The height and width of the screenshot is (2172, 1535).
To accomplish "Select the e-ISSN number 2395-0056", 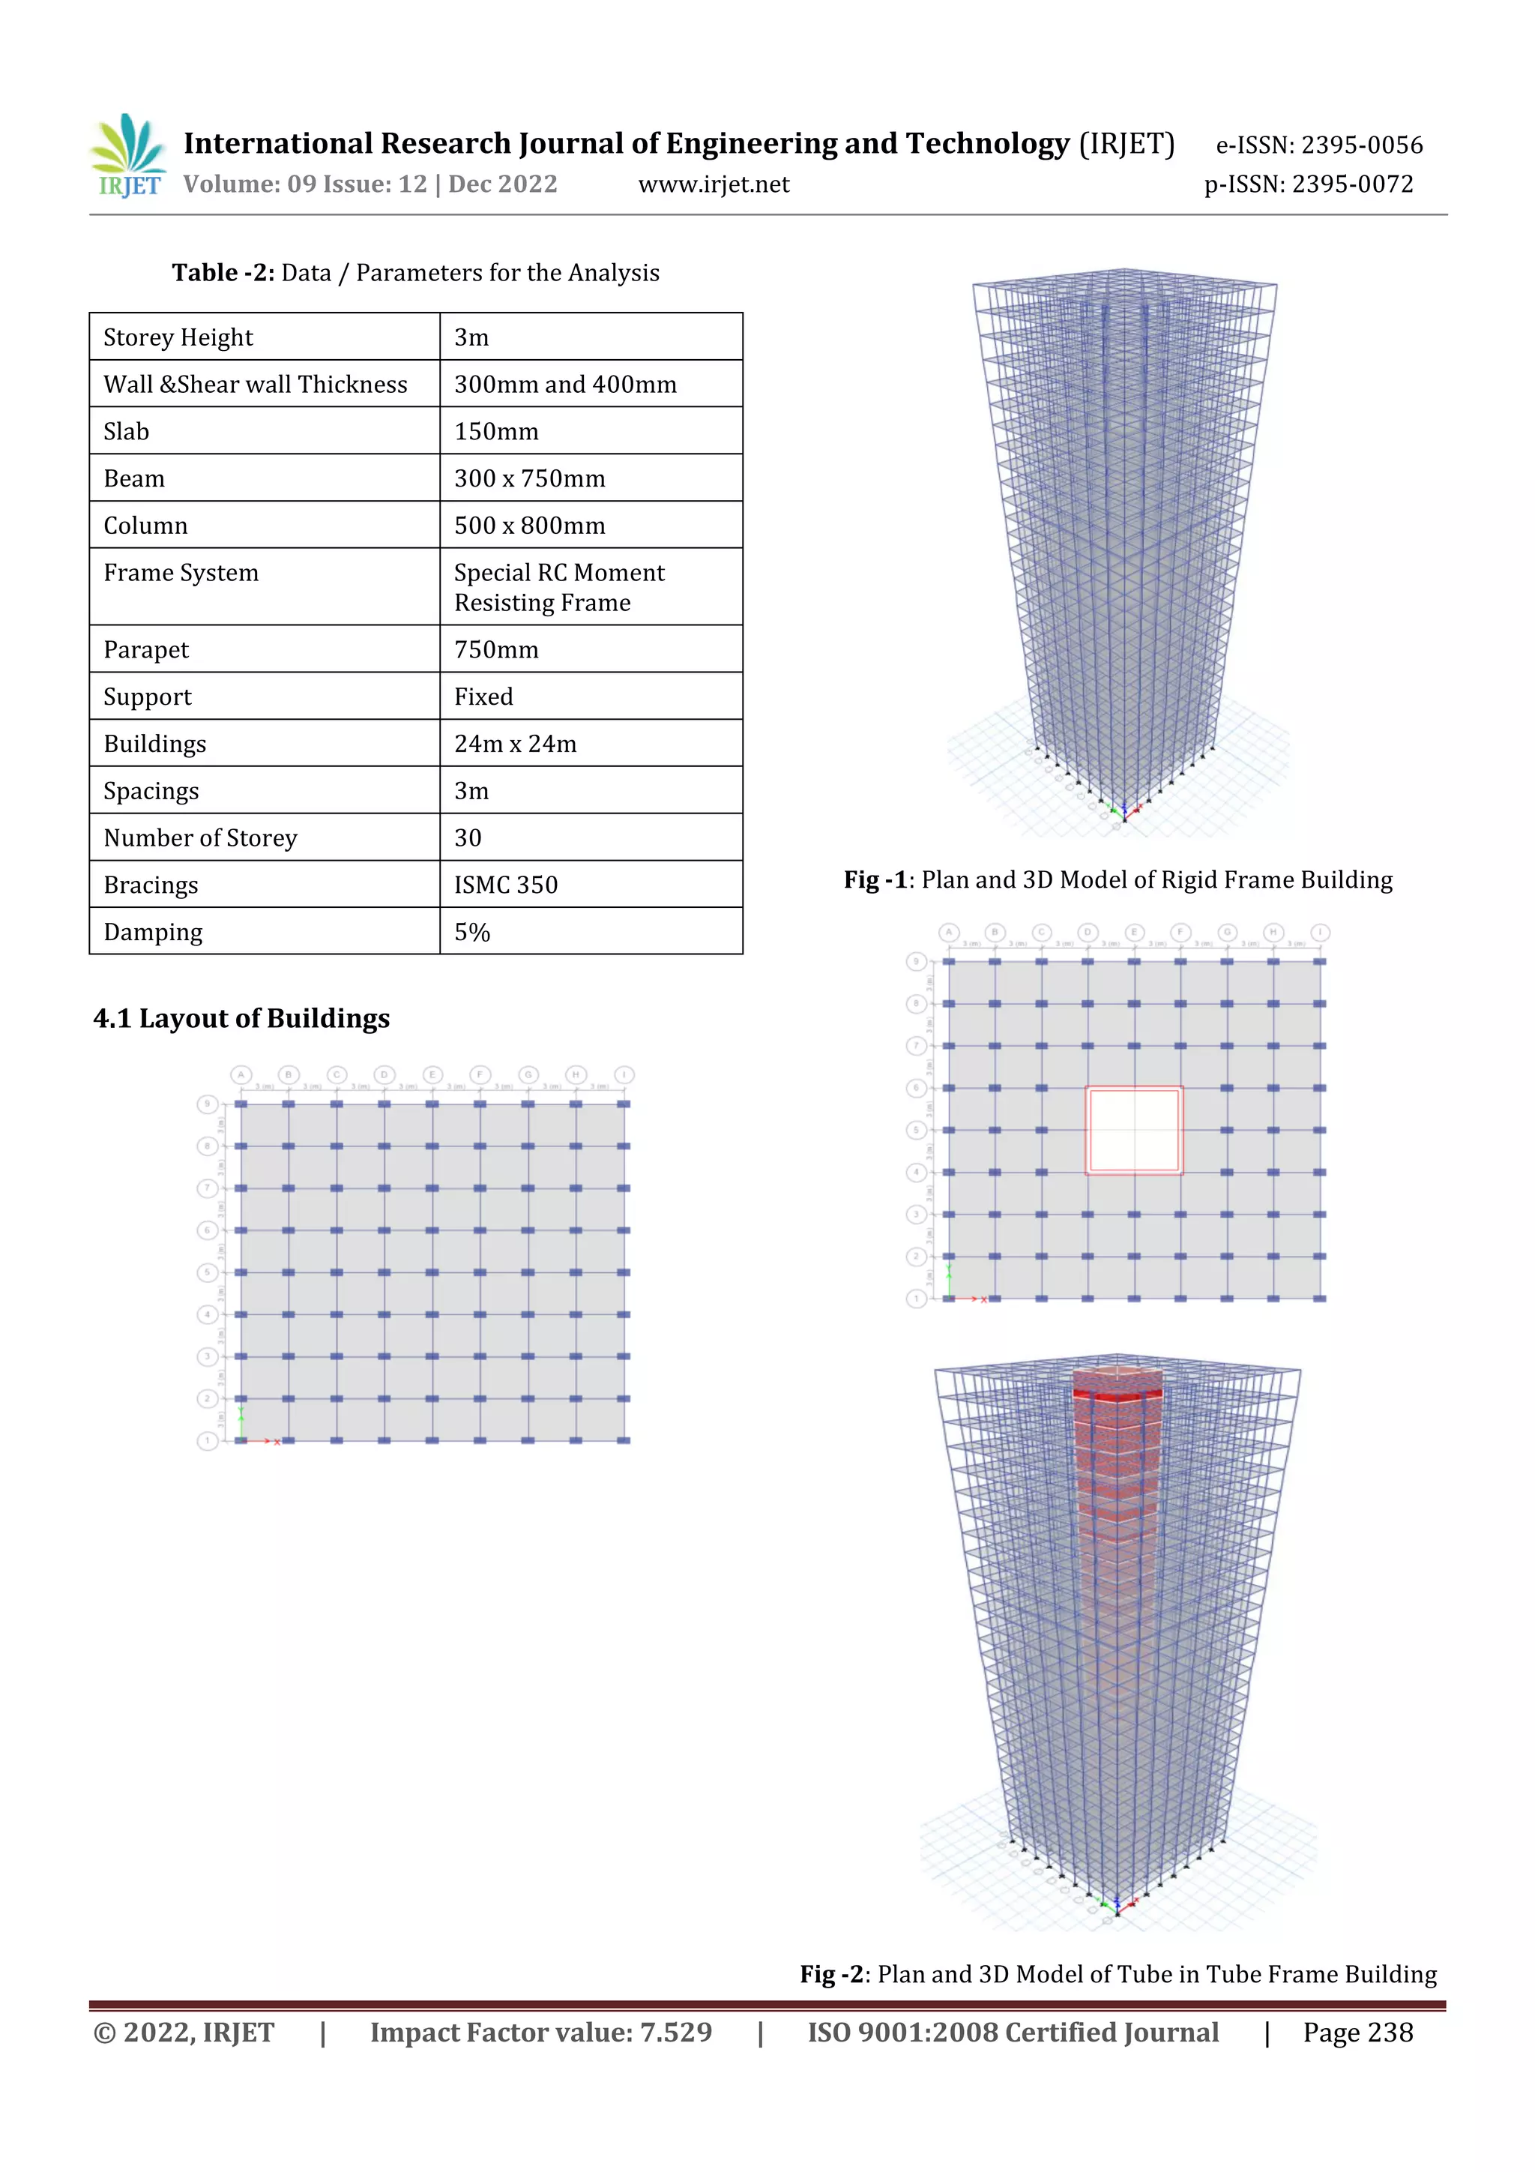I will coord(1319,145).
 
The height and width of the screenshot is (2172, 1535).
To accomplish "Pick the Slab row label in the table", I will coord(127,431).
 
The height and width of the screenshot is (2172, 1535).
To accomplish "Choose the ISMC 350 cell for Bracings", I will coord(506,885).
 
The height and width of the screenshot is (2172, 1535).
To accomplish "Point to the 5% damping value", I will coord(472,932).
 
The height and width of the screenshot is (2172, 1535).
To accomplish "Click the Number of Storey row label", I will coord(201,838).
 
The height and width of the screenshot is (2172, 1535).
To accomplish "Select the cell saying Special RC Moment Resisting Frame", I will coord(559,588).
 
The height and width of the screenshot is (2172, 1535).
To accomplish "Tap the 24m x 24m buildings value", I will coord(516,744).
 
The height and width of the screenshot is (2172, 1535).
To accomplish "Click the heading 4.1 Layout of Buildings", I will coord(241,1018).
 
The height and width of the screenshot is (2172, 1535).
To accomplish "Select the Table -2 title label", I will coord(223,272).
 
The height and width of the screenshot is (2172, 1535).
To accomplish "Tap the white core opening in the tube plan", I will coord(1133,1131).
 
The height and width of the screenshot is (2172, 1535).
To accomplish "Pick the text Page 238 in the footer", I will coord(1357,2032).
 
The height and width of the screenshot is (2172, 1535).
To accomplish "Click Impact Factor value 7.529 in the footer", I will coord(540,2032).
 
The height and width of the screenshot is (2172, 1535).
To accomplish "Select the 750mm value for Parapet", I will coord(496,650).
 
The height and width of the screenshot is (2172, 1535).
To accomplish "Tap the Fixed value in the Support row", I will coord(483,697).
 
